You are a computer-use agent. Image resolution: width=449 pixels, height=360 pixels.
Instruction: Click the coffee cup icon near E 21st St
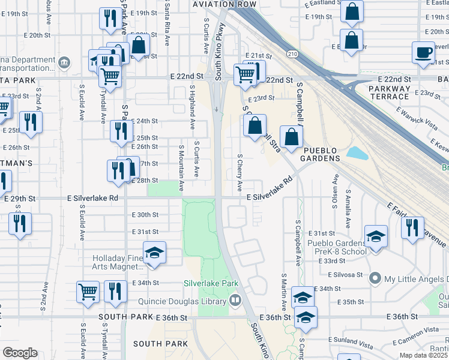423,52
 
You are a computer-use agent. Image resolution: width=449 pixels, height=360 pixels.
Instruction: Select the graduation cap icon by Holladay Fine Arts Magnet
154,252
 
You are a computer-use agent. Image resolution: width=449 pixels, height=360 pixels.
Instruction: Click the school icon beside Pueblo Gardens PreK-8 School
376,236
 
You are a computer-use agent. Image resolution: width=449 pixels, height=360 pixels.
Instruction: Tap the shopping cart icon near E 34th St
88,291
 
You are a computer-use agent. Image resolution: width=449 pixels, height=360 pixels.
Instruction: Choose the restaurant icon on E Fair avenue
412,228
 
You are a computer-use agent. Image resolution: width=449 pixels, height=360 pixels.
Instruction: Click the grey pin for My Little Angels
376,278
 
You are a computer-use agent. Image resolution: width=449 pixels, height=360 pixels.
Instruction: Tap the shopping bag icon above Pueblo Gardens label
291,136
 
